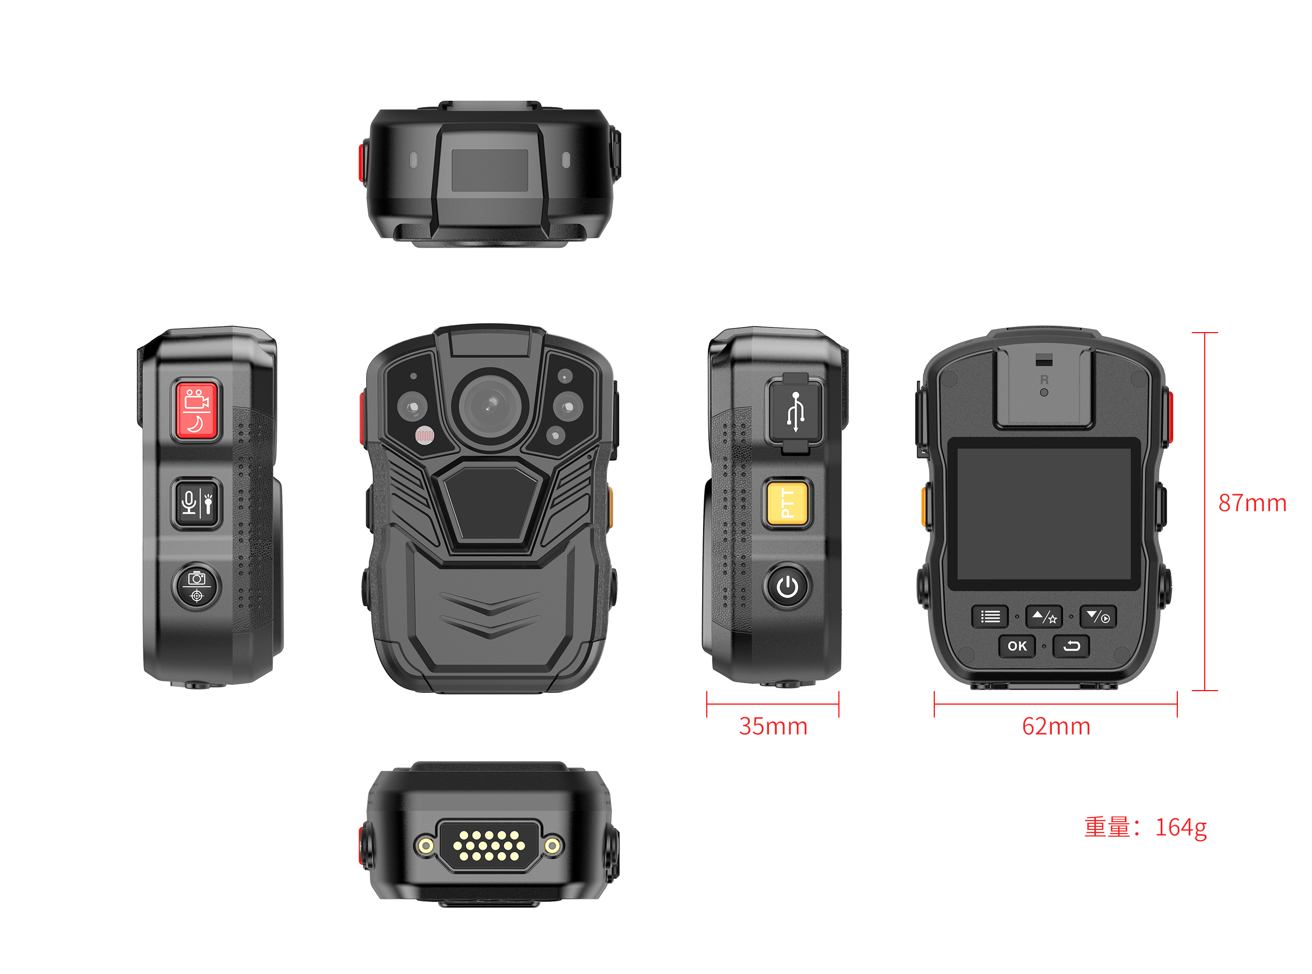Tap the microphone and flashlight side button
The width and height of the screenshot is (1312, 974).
point(196,504)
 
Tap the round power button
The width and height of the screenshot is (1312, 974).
point(787,586)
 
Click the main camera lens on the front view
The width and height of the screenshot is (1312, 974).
point(490,406)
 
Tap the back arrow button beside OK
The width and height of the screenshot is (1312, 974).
point(1071,646)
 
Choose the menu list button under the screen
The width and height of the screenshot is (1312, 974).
point(990,617)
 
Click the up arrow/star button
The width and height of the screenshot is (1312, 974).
point(1044,617)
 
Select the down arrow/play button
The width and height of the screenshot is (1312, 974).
point(1098,617)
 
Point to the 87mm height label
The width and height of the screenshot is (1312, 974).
point(1252,503)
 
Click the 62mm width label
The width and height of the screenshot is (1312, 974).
point(1056,726)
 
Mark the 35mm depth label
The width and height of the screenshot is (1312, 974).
point(773,726)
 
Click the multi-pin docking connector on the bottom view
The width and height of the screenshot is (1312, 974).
point(490,846)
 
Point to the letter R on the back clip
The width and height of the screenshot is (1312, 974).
point(1044,380)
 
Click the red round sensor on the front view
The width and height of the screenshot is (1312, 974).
point(424,436)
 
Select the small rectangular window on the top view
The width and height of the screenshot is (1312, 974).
point(490,170)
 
